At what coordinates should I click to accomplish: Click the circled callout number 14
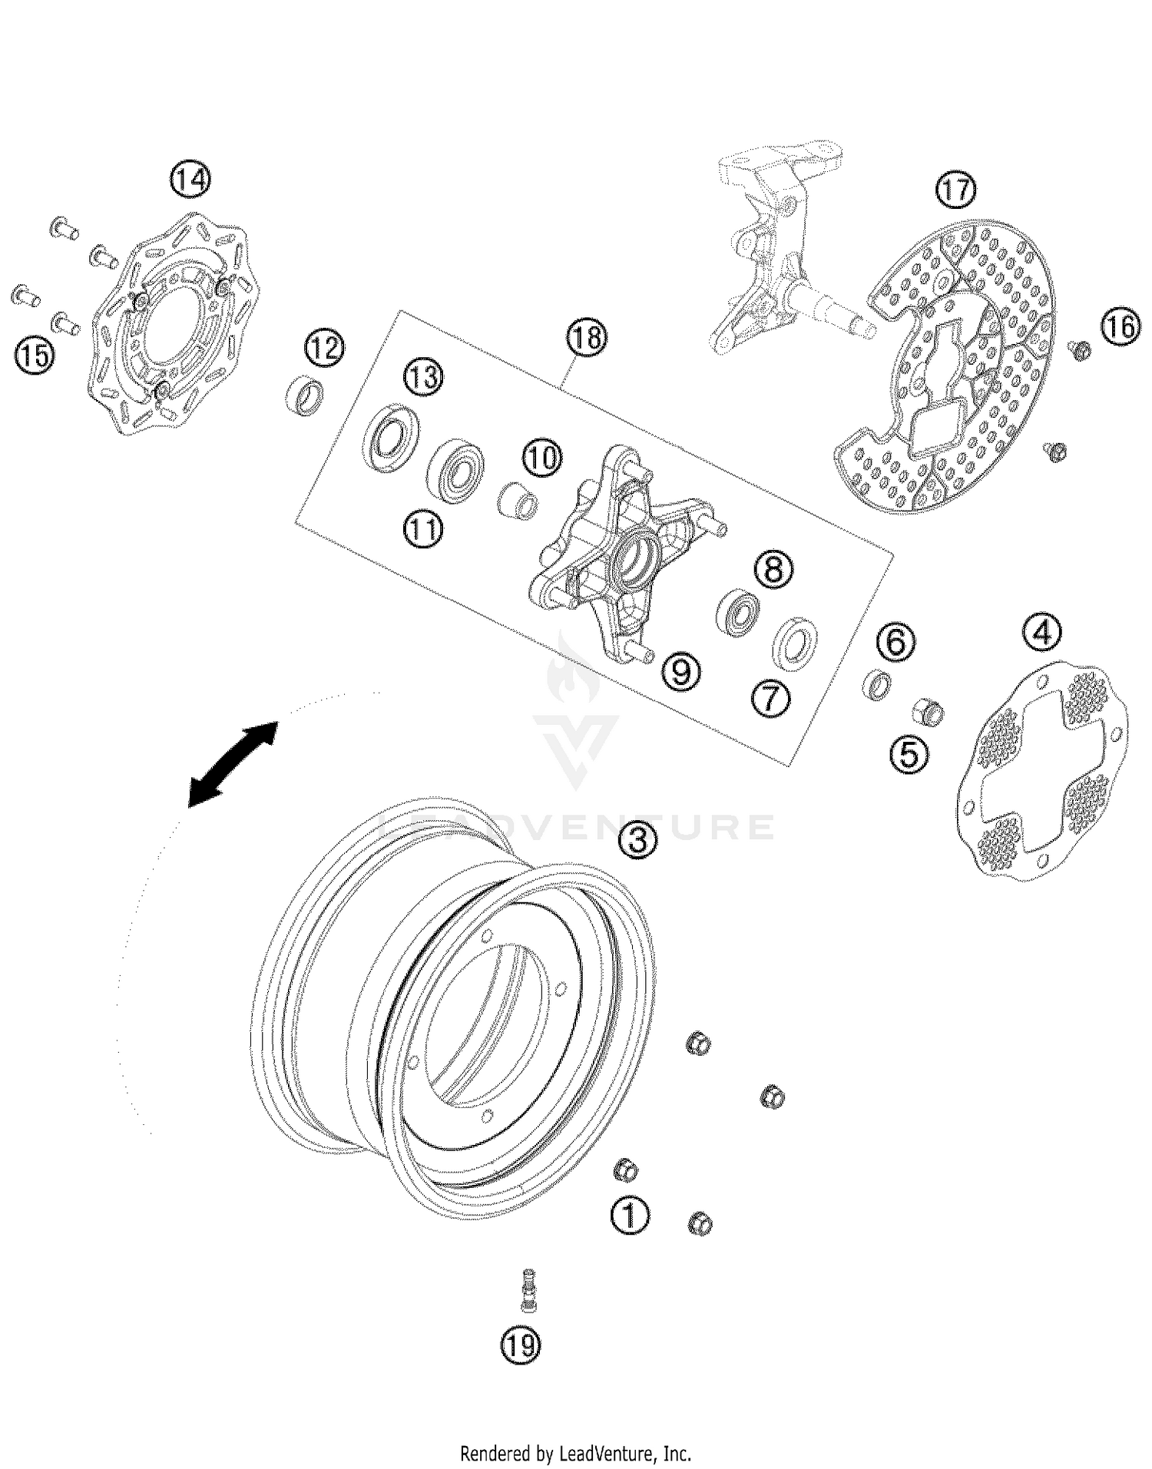click(190, 180)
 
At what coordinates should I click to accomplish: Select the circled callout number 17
click(955, 189)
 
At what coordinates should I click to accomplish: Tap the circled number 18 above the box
click(587, 337)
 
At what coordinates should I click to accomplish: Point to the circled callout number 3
click(638, 840)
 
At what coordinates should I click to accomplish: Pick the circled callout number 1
click(630, 1216)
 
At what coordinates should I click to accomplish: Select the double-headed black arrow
click(233, 764)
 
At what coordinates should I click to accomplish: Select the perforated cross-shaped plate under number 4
click(1044, 772)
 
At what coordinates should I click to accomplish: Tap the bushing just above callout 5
click(927, 713)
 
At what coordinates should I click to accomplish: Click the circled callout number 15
click(34, 356)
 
